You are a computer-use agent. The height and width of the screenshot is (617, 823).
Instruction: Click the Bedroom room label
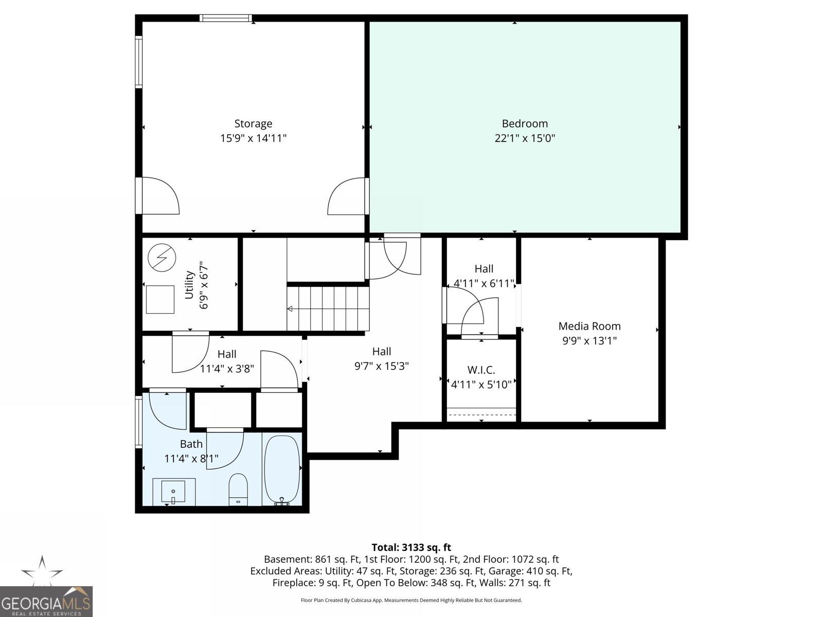(x=525, y=123)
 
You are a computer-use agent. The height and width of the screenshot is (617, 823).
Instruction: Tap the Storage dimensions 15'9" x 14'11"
(x=253, y=138)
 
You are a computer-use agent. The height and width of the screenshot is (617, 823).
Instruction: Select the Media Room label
(x=589, y=326)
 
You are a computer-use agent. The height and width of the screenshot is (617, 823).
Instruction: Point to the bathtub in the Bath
(x=281, y=469)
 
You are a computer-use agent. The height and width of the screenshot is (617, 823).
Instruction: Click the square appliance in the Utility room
(x=160, y=299)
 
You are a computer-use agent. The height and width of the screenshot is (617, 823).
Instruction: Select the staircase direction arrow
(x=290, y=309)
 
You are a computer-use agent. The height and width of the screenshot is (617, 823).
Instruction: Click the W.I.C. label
(x=481, y=370)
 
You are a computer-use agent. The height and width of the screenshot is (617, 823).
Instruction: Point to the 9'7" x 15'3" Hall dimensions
(x=382, y=366)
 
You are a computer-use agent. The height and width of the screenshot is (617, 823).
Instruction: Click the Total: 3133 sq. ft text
(x=411, y=548)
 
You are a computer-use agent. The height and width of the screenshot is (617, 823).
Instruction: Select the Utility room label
(x=189, y=285)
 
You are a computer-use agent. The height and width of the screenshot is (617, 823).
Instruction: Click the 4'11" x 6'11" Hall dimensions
(x=484, y=283)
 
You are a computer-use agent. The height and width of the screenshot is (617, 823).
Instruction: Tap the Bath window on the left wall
(x=138, y=422)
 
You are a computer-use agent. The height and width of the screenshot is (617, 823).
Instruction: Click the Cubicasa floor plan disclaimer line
(x=411, y=600)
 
